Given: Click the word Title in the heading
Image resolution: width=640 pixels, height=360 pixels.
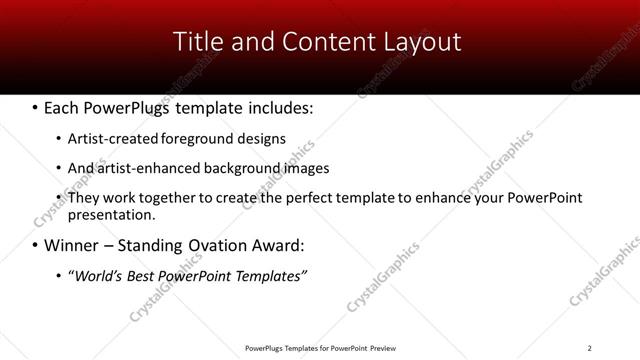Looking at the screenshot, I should click(x=198, y=42).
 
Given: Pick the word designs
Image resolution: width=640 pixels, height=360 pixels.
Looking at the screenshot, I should click(x=258, y=139).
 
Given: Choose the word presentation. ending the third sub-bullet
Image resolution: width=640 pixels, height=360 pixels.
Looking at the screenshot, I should click(x=111, y=214).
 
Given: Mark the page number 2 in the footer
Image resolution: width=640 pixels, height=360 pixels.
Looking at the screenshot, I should click(x=590, y=348).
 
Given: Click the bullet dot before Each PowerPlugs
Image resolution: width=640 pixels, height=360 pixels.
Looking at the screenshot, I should click(x=36, y=107).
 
